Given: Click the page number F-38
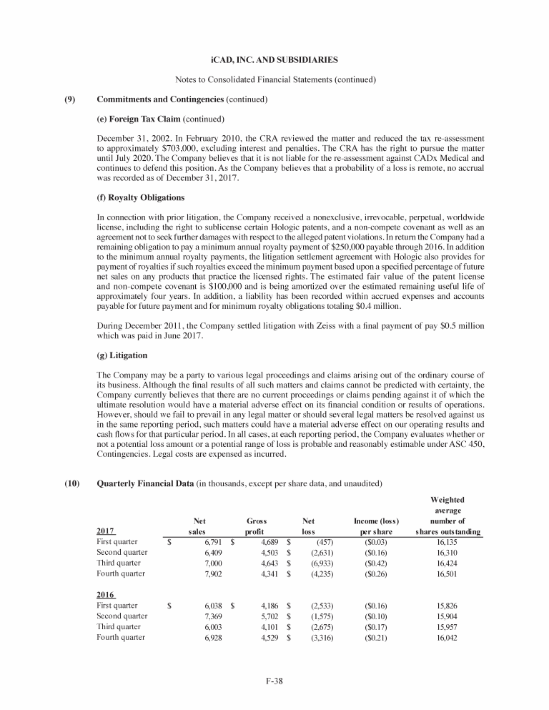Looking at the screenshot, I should tap(274, 680).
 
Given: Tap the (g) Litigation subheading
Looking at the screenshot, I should tap(122, 355).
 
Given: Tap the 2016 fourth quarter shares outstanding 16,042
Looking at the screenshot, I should tap(451, 636).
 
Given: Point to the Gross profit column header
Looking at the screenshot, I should tap(256, 527).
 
